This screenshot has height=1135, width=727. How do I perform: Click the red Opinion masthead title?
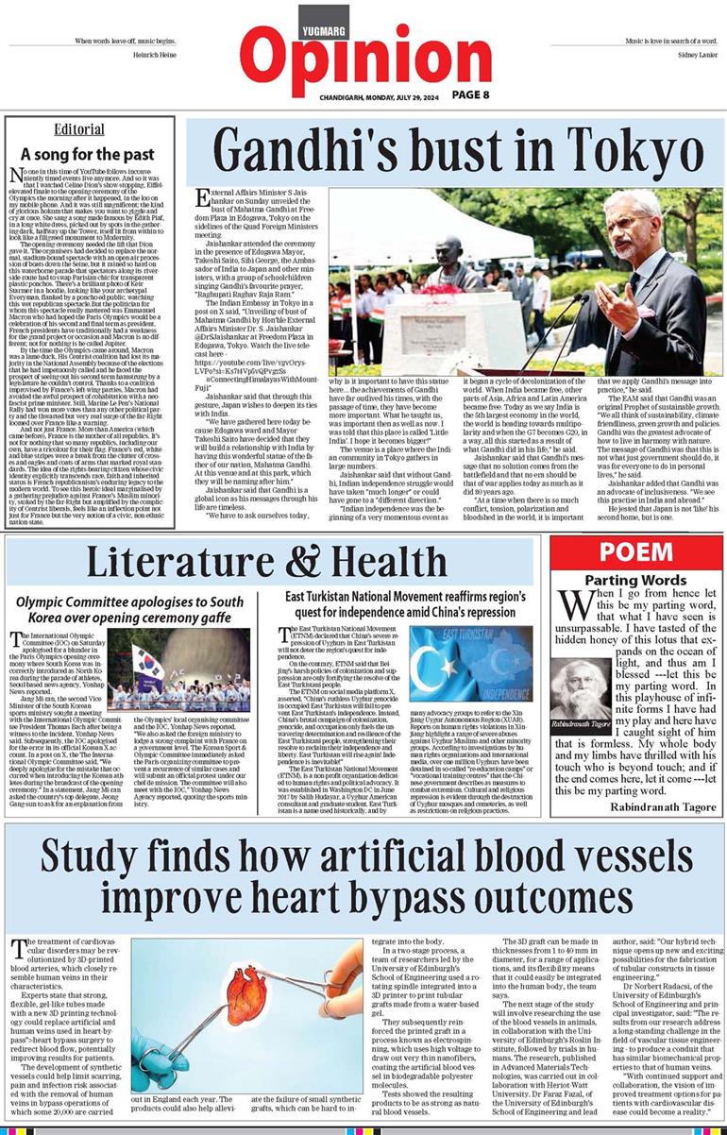[363, 54]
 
